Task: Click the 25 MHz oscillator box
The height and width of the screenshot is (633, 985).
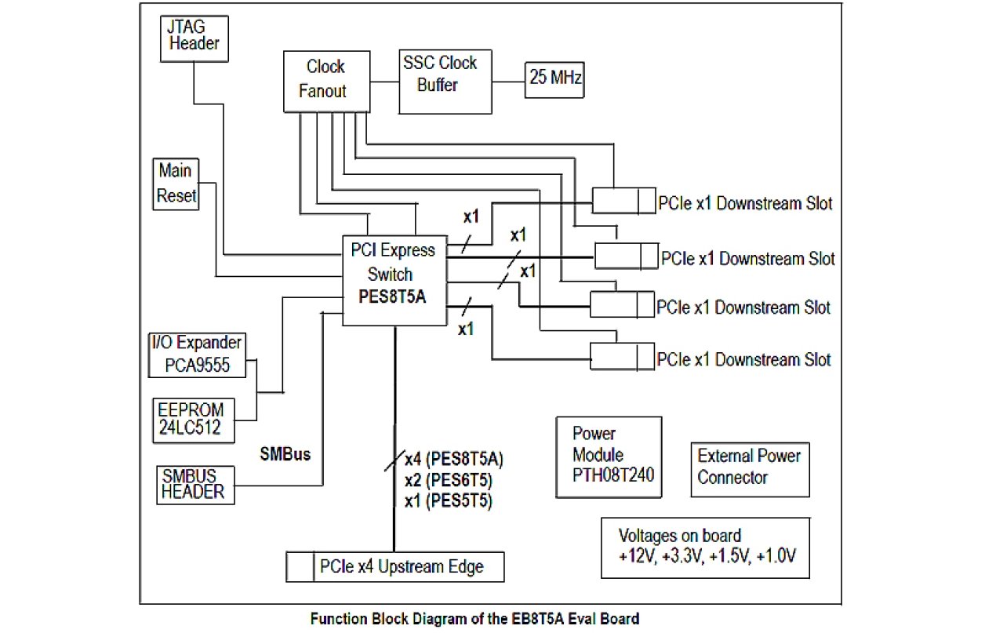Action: coord(554,79)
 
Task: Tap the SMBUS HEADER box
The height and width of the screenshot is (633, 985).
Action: coord(194,484)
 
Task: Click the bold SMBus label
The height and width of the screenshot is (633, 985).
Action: coord(286,453)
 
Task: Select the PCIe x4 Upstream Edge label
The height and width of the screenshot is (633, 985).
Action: coord(401,566)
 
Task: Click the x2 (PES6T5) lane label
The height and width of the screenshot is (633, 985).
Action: coord(448,480)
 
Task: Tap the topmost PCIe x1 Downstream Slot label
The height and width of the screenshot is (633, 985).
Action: coord(743,203)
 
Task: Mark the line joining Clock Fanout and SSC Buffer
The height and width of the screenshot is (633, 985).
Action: coord(383,81)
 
